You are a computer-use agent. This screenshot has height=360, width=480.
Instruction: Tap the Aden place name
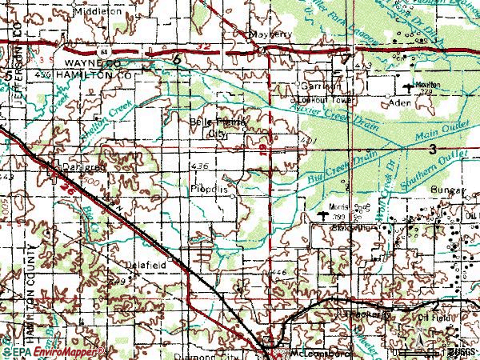[398, 103]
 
